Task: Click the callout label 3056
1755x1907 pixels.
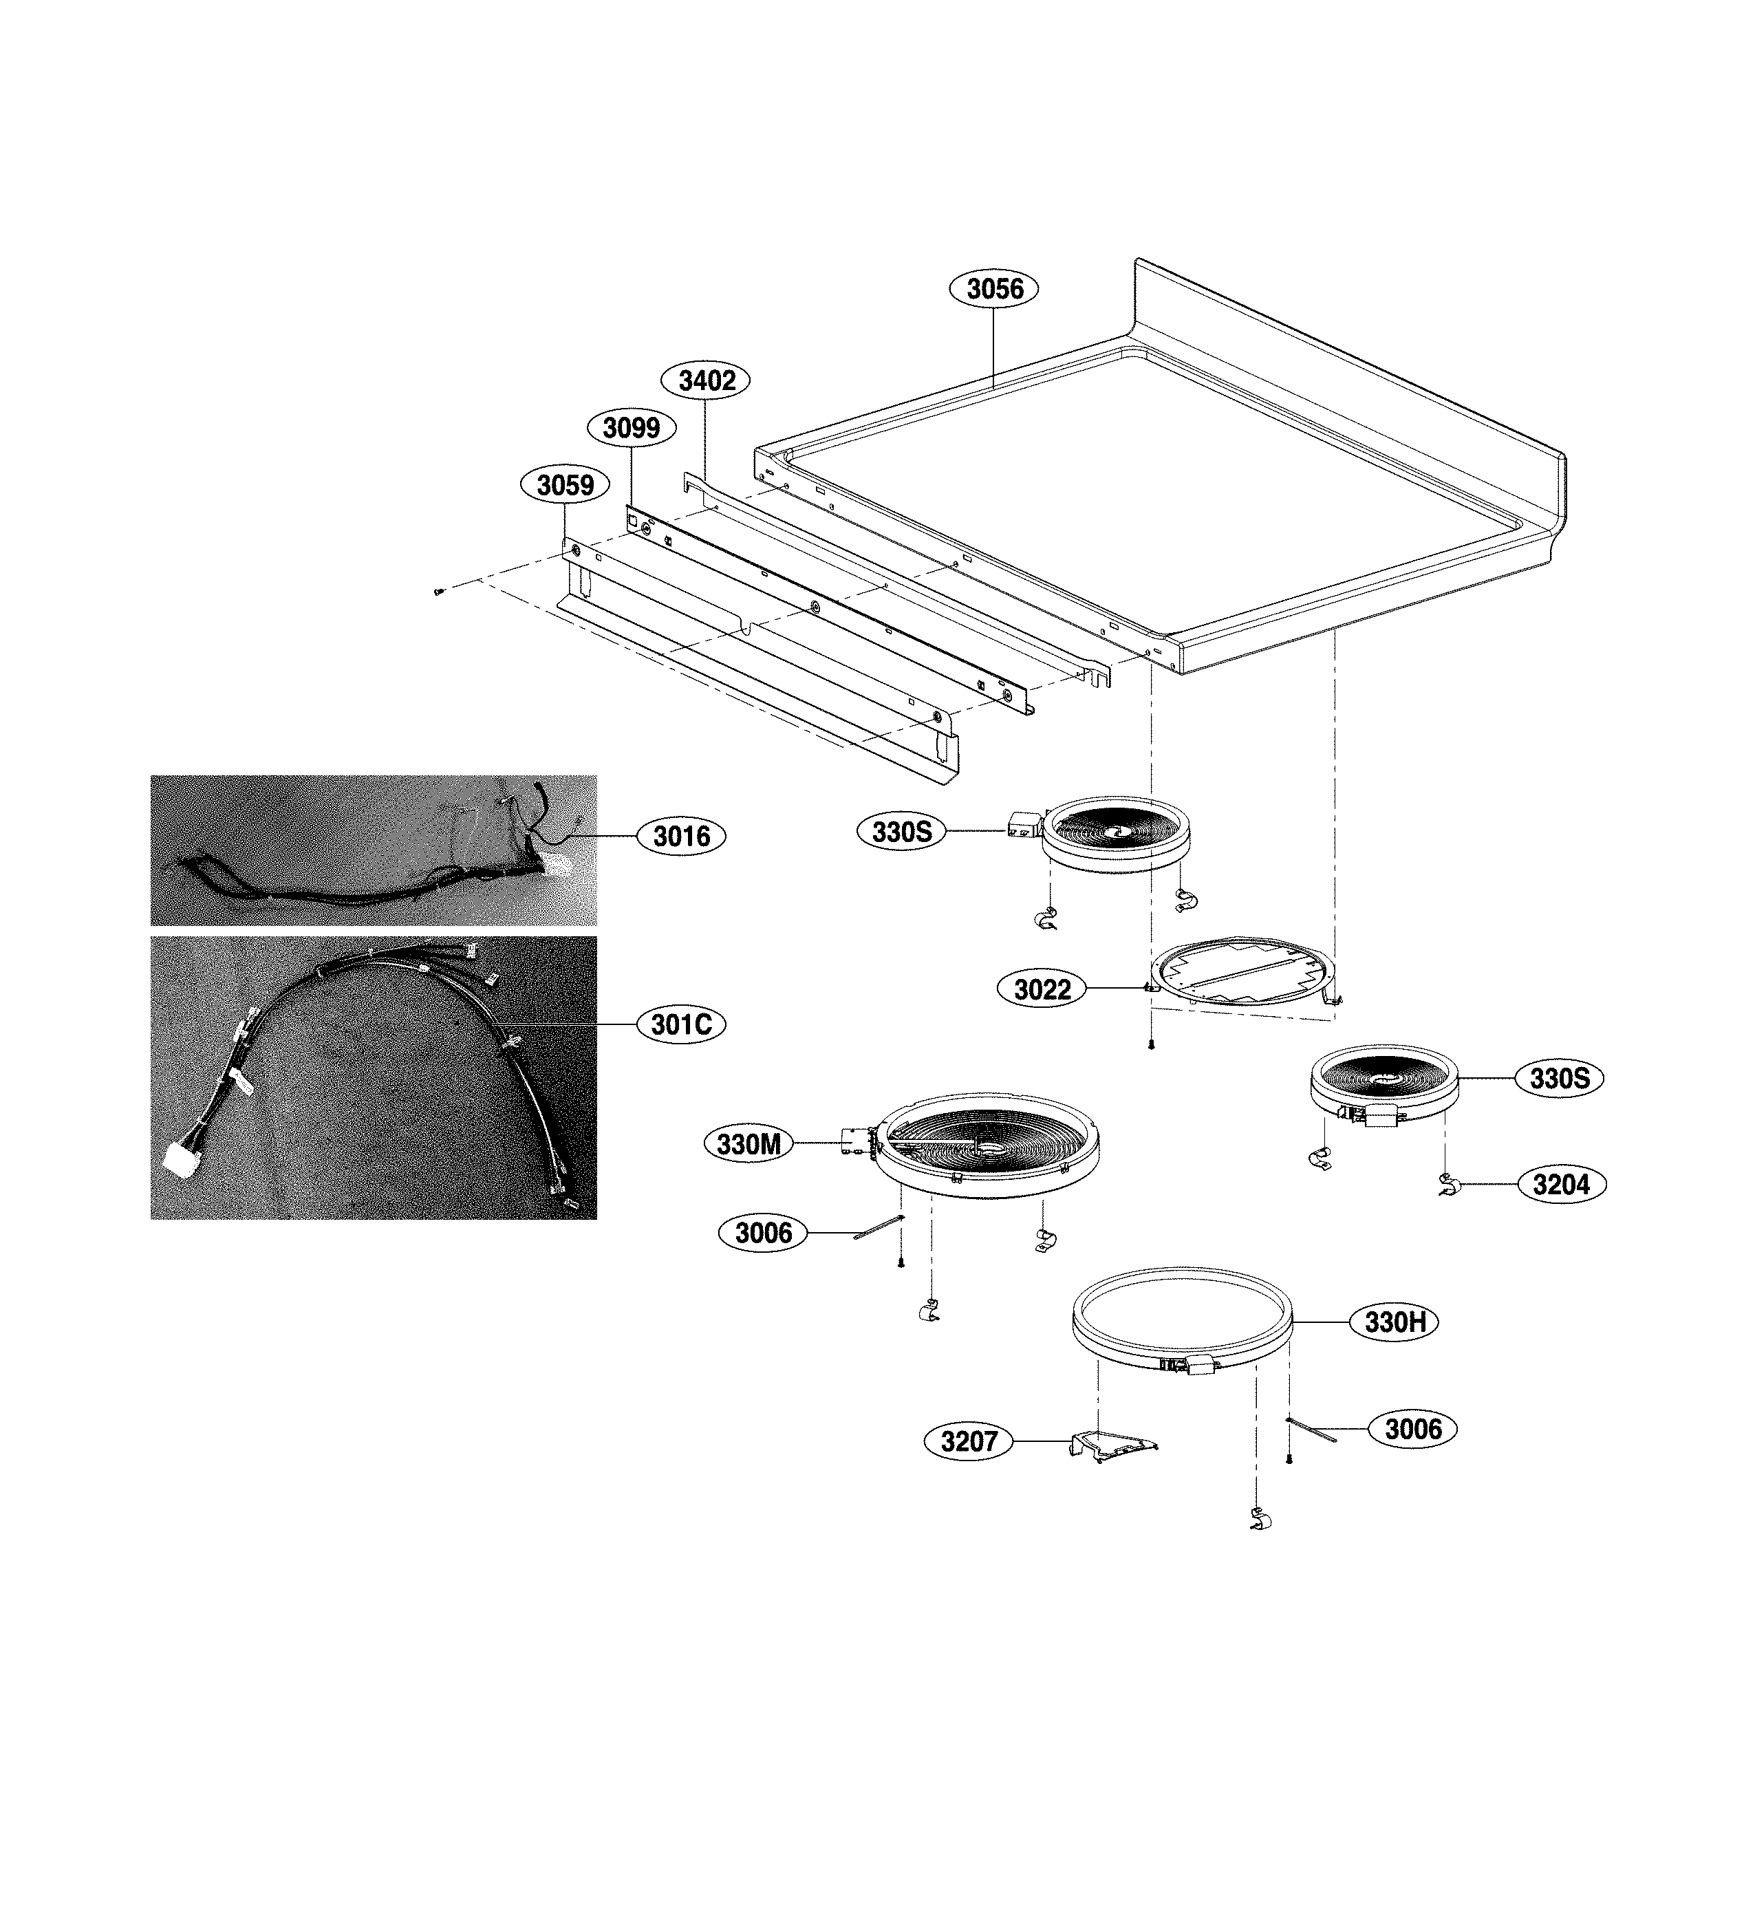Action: (x=994, y=289)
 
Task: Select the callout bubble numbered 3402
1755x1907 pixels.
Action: (x=707, y=381)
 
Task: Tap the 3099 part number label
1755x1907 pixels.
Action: (x=632, y=429)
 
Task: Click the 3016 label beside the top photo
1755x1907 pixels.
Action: (x=682, y=836)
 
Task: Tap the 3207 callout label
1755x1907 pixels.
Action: (x=969, y=1442)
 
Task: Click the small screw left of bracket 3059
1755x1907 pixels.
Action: (x=438, y=591)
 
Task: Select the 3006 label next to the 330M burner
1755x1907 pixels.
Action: (x=764, y=1233)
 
